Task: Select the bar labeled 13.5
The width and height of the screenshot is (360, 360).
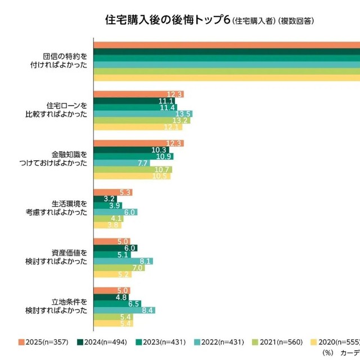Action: (143, 114)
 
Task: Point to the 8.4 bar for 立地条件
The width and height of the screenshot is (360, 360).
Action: (124, 310)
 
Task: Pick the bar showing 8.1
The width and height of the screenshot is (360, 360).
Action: (123, 261)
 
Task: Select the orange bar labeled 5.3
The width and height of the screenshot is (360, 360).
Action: (113, 192)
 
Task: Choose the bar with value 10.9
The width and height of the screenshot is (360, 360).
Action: (133, 156)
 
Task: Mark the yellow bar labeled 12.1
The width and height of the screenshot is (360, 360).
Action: (138, 127)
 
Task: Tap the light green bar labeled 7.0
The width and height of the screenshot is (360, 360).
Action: (119, 268)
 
